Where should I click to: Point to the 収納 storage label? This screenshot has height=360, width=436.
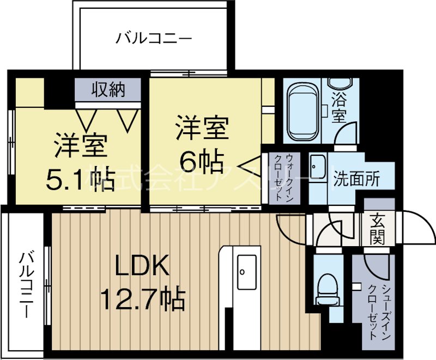point(107,89)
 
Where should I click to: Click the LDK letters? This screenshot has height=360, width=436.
point(139,266)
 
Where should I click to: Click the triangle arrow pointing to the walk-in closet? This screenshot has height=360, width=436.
point(251,163)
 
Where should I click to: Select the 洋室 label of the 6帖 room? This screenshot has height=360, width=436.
point(201,130)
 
